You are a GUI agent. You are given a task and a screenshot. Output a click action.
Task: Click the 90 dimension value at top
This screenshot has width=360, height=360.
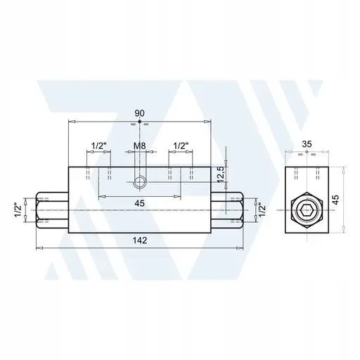139,112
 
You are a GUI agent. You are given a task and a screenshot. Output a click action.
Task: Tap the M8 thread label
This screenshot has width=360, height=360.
141,146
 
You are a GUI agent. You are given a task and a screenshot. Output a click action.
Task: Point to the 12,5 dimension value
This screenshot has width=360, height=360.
220,174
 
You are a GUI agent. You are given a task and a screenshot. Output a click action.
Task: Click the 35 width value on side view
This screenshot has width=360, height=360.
307,144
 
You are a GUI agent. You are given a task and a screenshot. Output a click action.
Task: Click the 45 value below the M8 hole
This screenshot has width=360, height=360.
141,204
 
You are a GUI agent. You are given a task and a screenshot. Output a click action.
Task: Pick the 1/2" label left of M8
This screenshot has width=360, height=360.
99,146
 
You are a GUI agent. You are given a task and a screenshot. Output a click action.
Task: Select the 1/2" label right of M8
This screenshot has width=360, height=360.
181,146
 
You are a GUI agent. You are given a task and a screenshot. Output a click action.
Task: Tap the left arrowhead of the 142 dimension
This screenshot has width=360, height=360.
38,247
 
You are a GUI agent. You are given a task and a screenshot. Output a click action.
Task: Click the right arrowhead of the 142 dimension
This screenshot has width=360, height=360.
243,247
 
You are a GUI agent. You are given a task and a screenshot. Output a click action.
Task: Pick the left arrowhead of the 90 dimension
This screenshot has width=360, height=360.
70,121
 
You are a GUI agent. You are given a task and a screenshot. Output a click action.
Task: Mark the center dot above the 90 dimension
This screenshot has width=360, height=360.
140,122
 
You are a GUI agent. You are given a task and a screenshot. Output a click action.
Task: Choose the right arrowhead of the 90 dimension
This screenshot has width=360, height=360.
210,121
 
